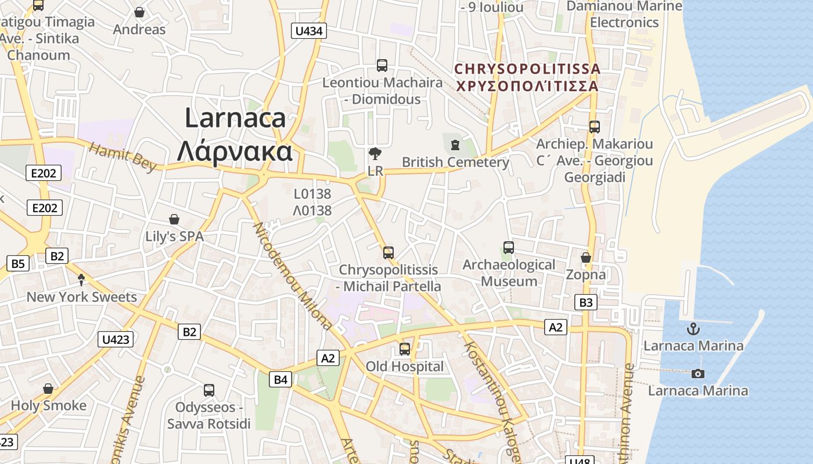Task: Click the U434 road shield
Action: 308,31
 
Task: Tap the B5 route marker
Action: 18,264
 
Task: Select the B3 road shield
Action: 586,302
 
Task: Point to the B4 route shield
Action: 280,380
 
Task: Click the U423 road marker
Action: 116,339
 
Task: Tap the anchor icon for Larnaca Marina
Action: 693,329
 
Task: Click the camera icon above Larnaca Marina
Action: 698,374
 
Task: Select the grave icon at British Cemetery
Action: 455,144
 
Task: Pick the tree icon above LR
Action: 375,154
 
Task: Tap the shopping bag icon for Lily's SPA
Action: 174,219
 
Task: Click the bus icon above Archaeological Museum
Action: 509,248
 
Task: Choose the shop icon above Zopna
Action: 585,258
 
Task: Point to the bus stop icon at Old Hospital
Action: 404,349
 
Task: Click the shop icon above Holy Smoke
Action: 48,388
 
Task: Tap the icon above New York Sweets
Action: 81,280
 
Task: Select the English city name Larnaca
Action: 235,118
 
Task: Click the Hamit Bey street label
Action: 123,157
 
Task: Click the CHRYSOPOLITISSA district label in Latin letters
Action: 527,69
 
